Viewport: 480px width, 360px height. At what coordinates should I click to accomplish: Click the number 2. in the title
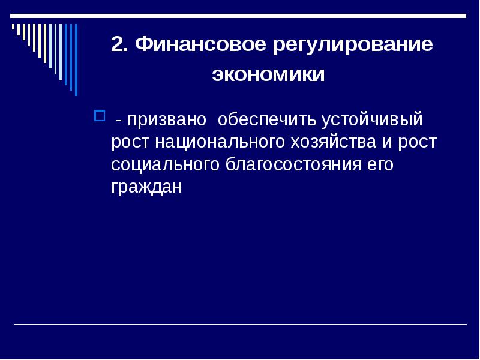pos(120,46)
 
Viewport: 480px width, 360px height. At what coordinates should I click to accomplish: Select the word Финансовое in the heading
pos(201,46)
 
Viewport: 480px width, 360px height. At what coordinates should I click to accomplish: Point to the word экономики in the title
pos(268,76)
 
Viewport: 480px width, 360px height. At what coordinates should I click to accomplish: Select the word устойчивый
pos(373,119)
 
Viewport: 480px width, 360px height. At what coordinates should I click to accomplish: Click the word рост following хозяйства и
pos(418,142)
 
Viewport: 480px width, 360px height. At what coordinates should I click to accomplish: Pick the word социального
pos(167,165)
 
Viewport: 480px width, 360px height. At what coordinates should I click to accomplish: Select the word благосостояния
pos(294,165)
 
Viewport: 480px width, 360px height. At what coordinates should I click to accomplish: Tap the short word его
pos(380,165)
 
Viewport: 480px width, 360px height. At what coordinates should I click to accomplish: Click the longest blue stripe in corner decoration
pos(76,59)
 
